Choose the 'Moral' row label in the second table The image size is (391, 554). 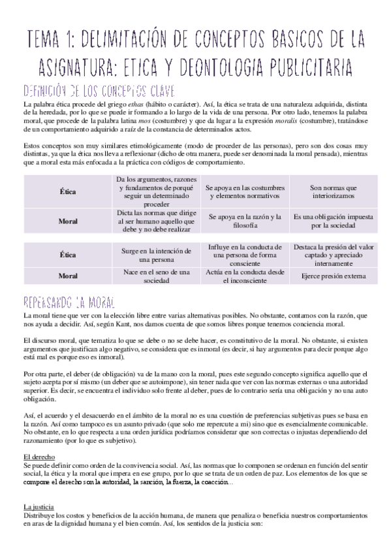68,276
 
